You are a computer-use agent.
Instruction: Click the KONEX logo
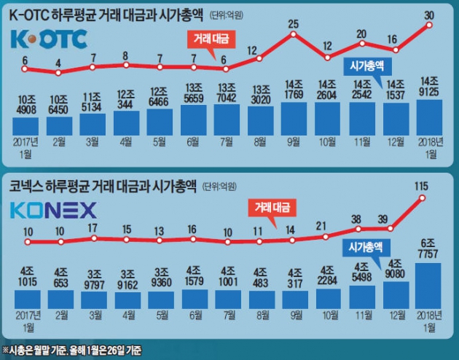(x=52, y=211)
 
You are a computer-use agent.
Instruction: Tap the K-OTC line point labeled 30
(x=430, y=25)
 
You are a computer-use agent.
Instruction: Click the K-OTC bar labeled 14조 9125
(x=430, y=117)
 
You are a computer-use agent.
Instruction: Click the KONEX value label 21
(x=328, y=225)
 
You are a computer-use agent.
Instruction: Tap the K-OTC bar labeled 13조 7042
(x=227, y=120)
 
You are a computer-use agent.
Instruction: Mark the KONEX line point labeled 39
(x=396, y=229)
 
